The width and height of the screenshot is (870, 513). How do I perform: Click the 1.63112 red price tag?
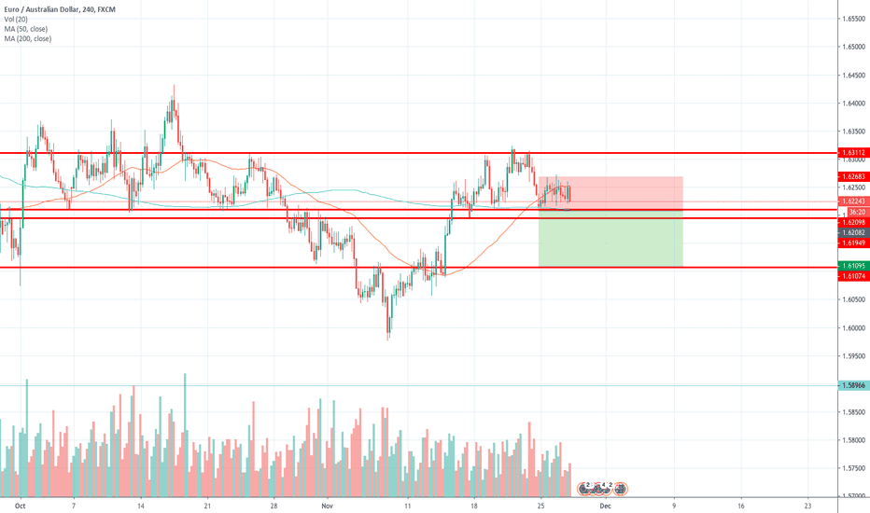(x=854, y=152)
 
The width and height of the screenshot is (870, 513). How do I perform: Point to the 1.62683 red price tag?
(x=854, y=176)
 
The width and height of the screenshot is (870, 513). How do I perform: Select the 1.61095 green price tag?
(x=854, y=266)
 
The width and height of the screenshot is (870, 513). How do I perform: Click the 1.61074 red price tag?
(x=854, y=277)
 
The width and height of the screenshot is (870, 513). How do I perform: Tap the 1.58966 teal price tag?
(x=854, y=384)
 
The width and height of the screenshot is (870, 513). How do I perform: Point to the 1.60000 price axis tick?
(x=853, y=327)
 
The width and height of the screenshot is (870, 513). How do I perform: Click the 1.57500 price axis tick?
(x=853, y=467)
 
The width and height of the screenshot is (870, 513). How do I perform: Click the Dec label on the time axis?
(x=605, y=504)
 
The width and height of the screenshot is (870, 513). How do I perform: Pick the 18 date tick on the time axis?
(x=474, y=504)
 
